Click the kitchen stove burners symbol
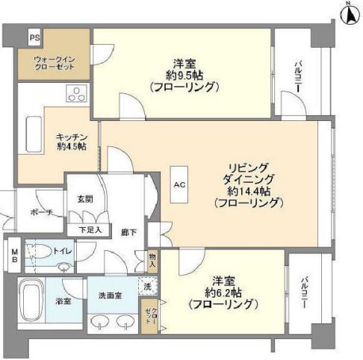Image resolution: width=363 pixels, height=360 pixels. [76, 93]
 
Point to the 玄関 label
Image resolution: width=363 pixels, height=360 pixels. [84, 199]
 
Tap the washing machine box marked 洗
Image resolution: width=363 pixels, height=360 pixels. [146, 286]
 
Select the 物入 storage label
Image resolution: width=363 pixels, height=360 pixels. [152, 260]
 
